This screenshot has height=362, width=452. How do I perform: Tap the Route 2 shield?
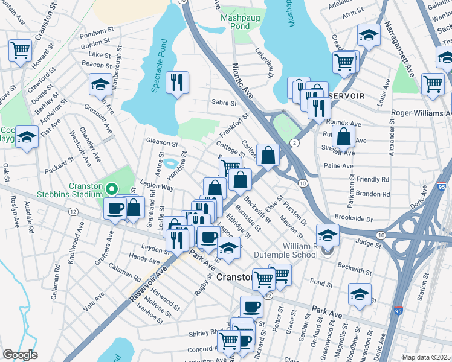point(294,142)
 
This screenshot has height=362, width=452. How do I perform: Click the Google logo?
point(20,354)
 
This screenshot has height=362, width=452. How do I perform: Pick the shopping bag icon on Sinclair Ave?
point(343,138)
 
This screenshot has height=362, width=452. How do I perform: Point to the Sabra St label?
point(224,103)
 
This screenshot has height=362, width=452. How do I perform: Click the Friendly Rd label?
point(373,179)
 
